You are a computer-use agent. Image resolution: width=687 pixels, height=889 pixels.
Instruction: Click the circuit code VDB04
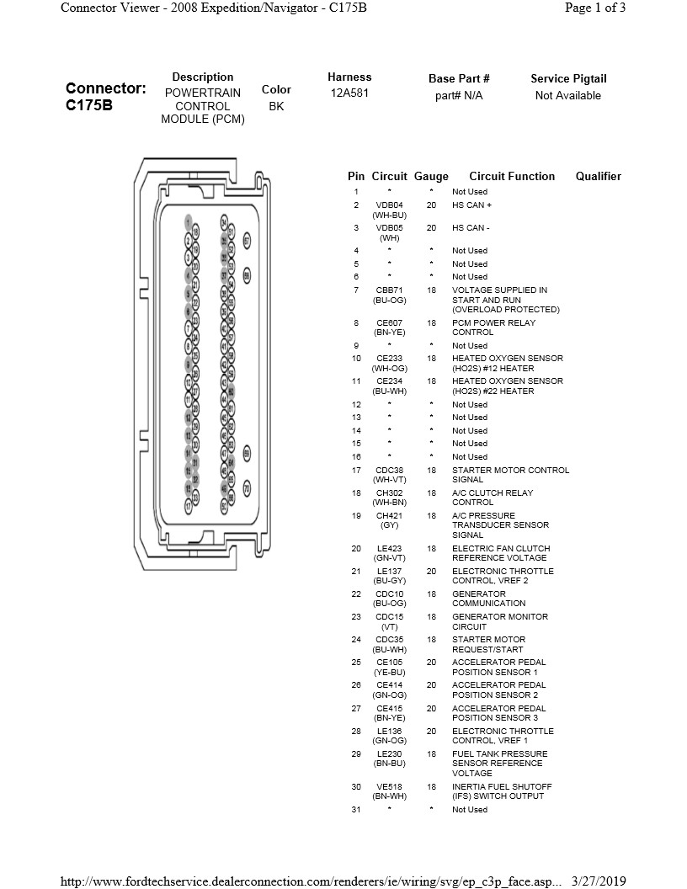click(x=389, y=205)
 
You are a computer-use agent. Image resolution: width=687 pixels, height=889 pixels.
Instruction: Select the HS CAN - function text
click(x=471, y=228)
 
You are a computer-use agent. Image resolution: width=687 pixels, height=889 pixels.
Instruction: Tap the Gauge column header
click(x=431, y=177)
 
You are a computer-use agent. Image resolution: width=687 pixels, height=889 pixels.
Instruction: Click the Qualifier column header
click(x=598, y=177)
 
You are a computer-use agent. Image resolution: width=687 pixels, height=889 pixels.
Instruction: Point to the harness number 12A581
click(x=349, y=93)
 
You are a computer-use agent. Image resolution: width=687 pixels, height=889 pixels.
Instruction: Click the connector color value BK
click(x=276, y=107)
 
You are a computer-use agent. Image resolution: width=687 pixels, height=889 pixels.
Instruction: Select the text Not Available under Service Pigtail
click(x=567, y=96)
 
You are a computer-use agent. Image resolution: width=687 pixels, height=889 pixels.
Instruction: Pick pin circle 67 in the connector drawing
click(x=247, y=241)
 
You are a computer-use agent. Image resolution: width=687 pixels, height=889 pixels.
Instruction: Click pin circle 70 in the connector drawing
click(x=247, y=488)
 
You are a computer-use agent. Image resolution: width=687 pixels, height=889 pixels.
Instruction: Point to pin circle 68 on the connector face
click(x=247, y=275)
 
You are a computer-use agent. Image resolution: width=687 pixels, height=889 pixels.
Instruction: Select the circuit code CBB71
click(x=389, y=290)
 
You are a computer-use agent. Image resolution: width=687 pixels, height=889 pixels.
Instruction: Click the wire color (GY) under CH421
click(x=389, y=525)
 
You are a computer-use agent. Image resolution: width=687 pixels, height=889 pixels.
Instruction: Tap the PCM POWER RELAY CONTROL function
click(x=493, y=327)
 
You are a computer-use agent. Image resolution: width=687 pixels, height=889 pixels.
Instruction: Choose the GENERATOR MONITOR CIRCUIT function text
click(x=499, y=621)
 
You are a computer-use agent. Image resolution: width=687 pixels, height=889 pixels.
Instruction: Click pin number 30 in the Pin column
click(x=356, y=787)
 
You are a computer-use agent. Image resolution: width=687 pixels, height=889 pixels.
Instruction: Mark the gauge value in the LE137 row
click(x=431, y=572)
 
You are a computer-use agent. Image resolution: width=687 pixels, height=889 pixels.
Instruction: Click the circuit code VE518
click(x=389, y=787)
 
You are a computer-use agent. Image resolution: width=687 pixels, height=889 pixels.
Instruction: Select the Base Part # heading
click(x=459, y=79)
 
